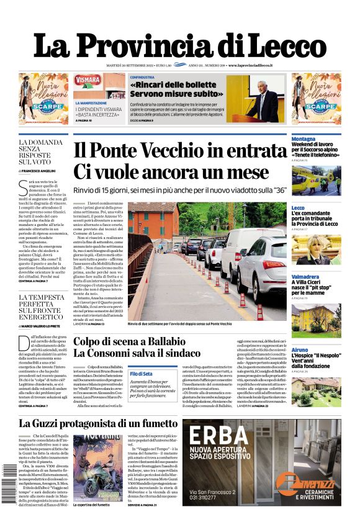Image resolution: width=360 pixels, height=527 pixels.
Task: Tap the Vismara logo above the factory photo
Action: pyautogui.click(x=88, y=80)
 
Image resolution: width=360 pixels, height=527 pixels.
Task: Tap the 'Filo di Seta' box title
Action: pyautogui.click(x=142, y=373)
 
